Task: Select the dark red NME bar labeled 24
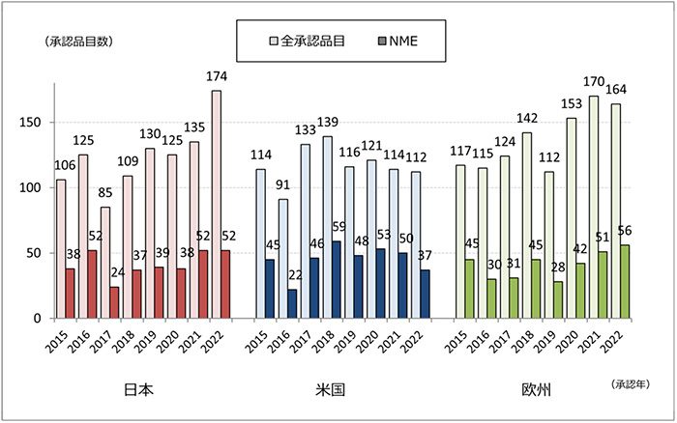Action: pyautogui.click(x=114, y=302)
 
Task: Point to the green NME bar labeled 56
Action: pyautogui.click(x=625, y=281)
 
